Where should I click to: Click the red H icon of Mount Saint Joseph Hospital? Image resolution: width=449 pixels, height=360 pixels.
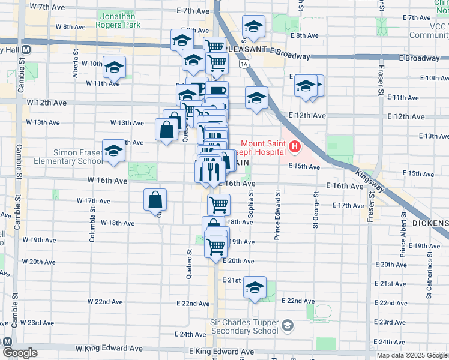294,146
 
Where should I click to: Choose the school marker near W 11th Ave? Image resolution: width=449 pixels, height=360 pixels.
113,67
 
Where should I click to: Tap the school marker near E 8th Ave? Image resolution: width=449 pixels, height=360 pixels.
253,27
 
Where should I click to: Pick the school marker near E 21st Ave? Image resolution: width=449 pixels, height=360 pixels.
255,288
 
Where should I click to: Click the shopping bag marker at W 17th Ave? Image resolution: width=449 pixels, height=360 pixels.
155,200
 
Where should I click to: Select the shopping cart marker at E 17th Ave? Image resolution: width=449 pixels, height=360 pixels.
219,204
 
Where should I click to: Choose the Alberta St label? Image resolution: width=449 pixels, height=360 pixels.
76,68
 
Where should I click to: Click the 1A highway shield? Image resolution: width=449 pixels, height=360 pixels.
243,64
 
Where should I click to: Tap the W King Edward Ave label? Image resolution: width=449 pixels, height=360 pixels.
115,348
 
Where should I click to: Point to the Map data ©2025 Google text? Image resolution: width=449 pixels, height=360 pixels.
411,355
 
